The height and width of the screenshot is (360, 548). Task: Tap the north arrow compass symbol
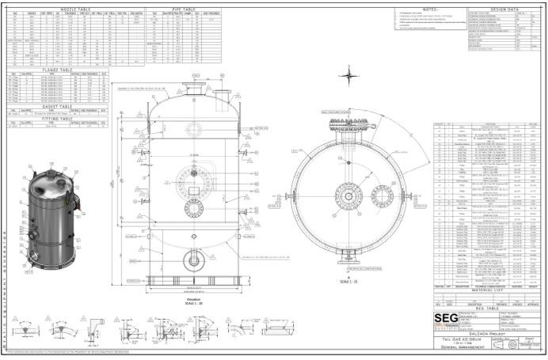tap(348, 76)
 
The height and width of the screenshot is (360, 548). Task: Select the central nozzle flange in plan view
tap(348, 193)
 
